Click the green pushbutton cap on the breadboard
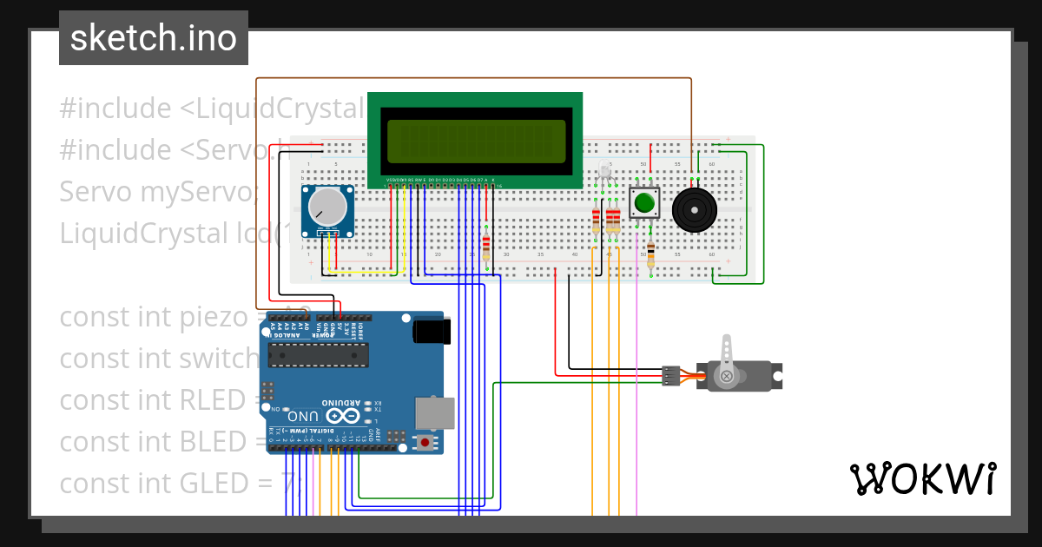coord(643,203)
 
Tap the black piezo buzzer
coord(696,209)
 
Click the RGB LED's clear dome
coord(605,171)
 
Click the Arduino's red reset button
coord(425,442)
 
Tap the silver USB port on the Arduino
coord(435,413)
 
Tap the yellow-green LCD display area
coord(476,141)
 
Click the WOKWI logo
coord(922,478)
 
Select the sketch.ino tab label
coord(154,38)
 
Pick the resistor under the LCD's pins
coord(485,246)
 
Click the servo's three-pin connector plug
coord(669,376)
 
